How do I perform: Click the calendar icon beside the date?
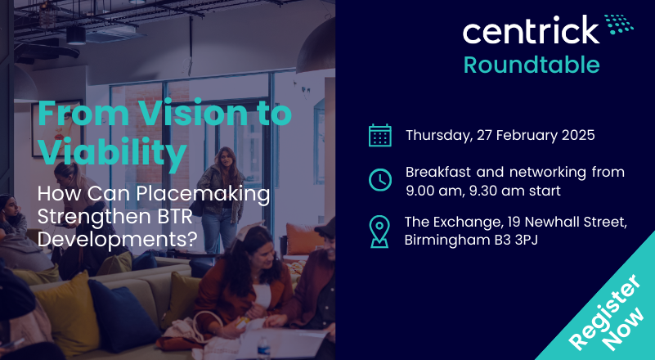point(380,136)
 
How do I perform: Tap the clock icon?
point(380,180)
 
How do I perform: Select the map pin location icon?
point(379,232)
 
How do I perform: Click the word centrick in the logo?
point(531,29)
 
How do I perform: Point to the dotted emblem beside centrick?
point(619,25)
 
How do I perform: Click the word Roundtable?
point(532,65)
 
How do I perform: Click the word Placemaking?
point(203,194)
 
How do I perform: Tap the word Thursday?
point(437,136)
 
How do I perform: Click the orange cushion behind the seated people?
point(303,239)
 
